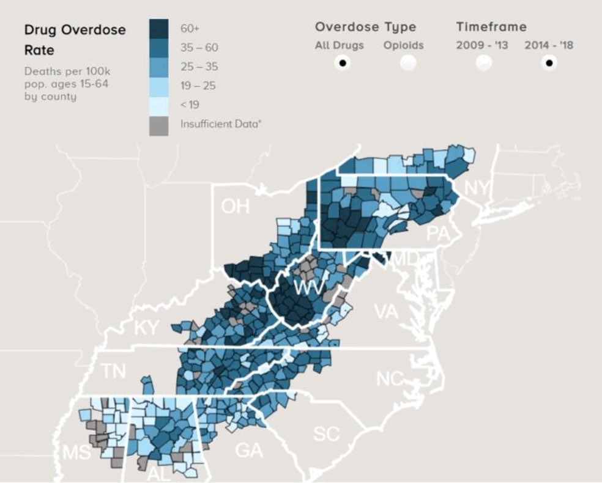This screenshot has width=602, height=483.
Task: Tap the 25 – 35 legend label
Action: pos(199,66)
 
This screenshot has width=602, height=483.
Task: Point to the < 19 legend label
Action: pos(190,105)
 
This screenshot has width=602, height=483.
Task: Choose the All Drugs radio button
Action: pos(343,62)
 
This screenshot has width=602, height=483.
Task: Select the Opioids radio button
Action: pos(408,62)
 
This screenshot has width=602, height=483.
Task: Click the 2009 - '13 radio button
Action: pos(483,62)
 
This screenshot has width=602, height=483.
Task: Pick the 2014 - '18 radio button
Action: pos(549,62)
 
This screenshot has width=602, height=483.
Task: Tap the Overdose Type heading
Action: pos(365,27)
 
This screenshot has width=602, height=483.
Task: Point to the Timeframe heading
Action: pos(491,27)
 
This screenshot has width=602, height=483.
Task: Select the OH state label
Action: pos(236,206)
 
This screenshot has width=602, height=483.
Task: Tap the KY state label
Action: pos(147,328)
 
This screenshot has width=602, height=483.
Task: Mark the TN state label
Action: pos(113,371)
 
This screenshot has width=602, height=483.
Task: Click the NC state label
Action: pos(390,378)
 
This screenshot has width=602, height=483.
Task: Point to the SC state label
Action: pos(326,433)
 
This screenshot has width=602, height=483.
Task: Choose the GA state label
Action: pos(249,451)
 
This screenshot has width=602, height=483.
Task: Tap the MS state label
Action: pos(76,453)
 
